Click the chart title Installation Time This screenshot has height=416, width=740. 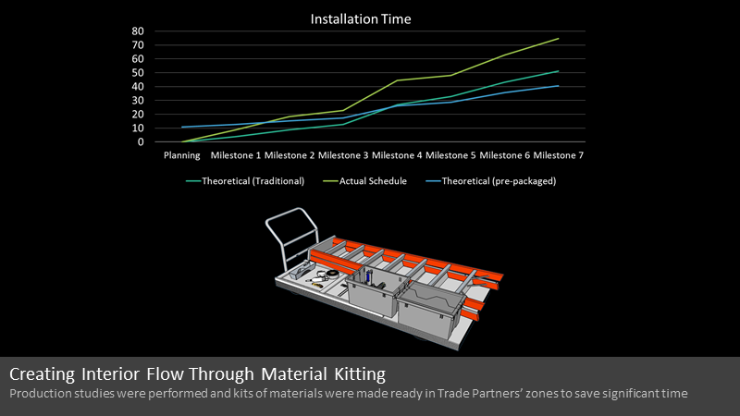click(x=361, y=18)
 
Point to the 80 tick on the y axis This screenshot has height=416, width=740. click(x=138, y=31)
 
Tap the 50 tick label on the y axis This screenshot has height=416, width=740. click(x=138, y=73)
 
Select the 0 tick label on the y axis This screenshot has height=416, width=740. click(x=141, y=142)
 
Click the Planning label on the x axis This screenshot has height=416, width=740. click(x=181, y=155)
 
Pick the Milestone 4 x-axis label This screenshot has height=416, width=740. click(x=397, y=155)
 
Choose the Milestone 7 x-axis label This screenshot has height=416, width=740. click(x=559, y=155)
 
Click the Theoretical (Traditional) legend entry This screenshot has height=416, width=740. click(x=245, y=181)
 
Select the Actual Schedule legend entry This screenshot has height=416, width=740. click(x=364, y=181)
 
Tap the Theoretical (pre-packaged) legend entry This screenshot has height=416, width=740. click(x=491, y=181)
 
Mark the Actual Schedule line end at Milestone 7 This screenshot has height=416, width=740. click(x=559, y=39)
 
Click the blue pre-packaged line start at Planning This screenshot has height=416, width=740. click(x=182, y=127)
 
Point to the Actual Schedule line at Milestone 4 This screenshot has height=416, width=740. click(x=397, y=80)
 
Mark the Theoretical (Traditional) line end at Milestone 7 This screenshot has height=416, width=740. click(x=559, y=71)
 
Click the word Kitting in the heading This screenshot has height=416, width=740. click(x=360, y=374)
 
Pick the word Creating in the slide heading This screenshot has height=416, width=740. click(x=42, y=374)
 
